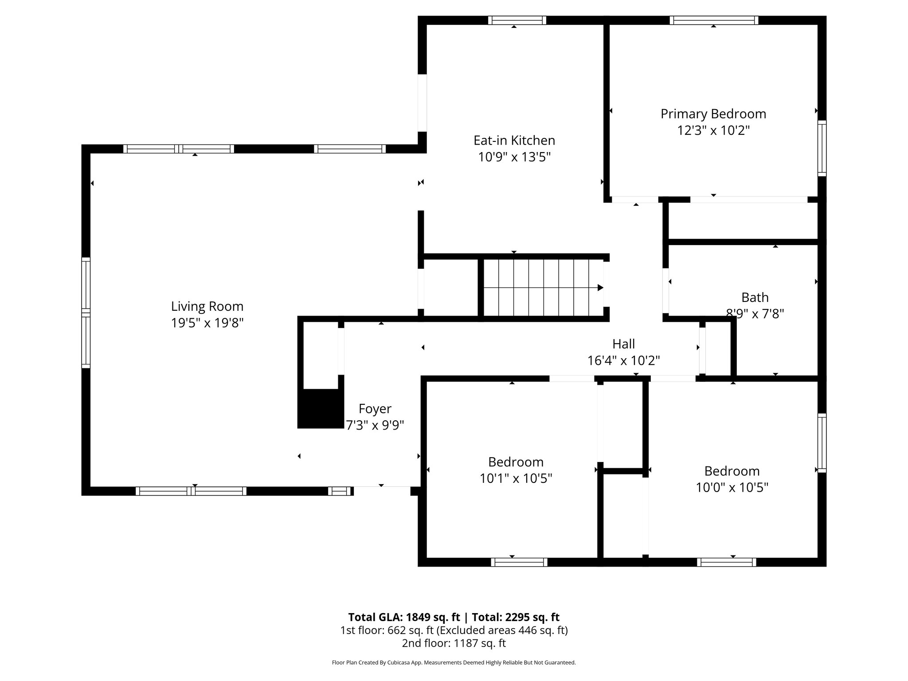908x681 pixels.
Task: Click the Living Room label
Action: (x=207, y=306)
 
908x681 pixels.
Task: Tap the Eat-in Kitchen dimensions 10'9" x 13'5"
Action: (x=514, y=157)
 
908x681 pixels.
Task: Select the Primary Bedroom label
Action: (x=713, y=114)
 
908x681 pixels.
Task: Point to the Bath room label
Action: (x=755, y=297)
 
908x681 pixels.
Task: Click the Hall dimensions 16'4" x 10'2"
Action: (x=623, y=360)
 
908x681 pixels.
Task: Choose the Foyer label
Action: (x=375, y=408)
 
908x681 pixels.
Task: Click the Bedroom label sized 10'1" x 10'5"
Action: (x=516, y=462)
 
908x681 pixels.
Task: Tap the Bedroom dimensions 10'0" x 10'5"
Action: (x=732, y=487)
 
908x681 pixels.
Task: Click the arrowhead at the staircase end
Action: (x=600, y=288)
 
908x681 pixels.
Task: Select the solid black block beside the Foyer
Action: (x=320, y=408)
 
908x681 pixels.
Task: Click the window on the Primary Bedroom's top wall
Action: (x=713, y=20)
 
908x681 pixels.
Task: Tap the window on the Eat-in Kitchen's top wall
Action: (x=517, y=20)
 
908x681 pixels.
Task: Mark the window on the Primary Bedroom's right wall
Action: (x=822, y=148)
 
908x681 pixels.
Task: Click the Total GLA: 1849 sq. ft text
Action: (x=404, y=617)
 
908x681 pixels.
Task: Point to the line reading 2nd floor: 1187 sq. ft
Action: (x=454, y=643)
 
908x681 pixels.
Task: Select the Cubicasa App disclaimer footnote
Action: (x=454, y=662)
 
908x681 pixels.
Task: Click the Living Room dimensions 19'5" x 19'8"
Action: (x=207, y=323)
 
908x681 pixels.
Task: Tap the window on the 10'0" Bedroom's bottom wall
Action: (x=726, y=562)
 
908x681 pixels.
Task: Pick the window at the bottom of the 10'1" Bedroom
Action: (x=519, y=562)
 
